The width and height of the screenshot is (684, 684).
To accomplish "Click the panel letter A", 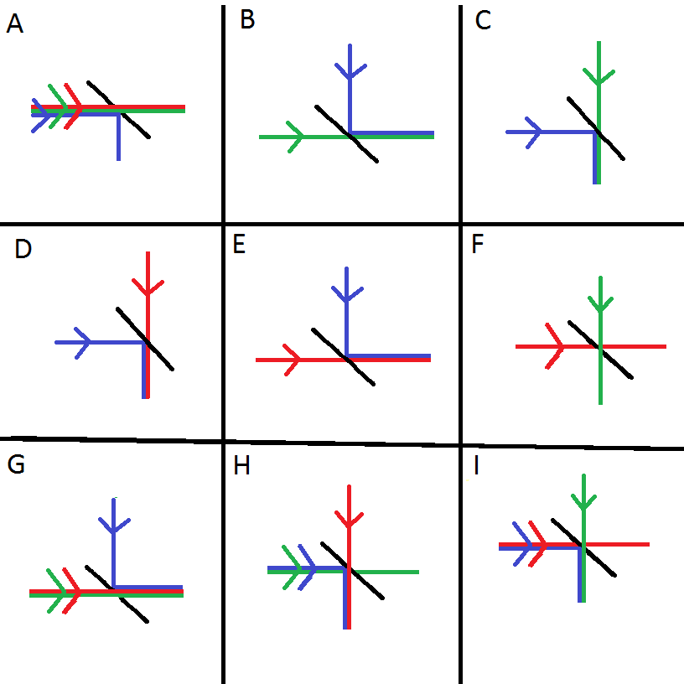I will (x=14, y=26).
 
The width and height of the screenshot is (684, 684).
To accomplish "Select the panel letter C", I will (x=483, y=21).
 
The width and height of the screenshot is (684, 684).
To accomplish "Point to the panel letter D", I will (x=23, y=250).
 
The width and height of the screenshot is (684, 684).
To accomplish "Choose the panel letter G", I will (x=16, y=465).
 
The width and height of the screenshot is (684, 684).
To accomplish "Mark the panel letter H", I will (x=242, y=466).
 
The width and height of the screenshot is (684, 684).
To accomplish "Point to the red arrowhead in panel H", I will (x=347, y=520).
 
